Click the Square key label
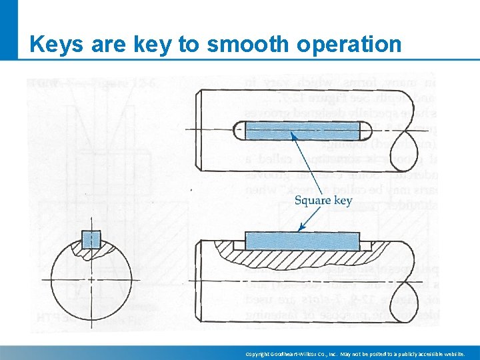(x=323, y=200)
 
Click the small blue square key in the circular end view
(x=91, y=239)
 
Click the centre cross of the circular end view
(x=91, y=278)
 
